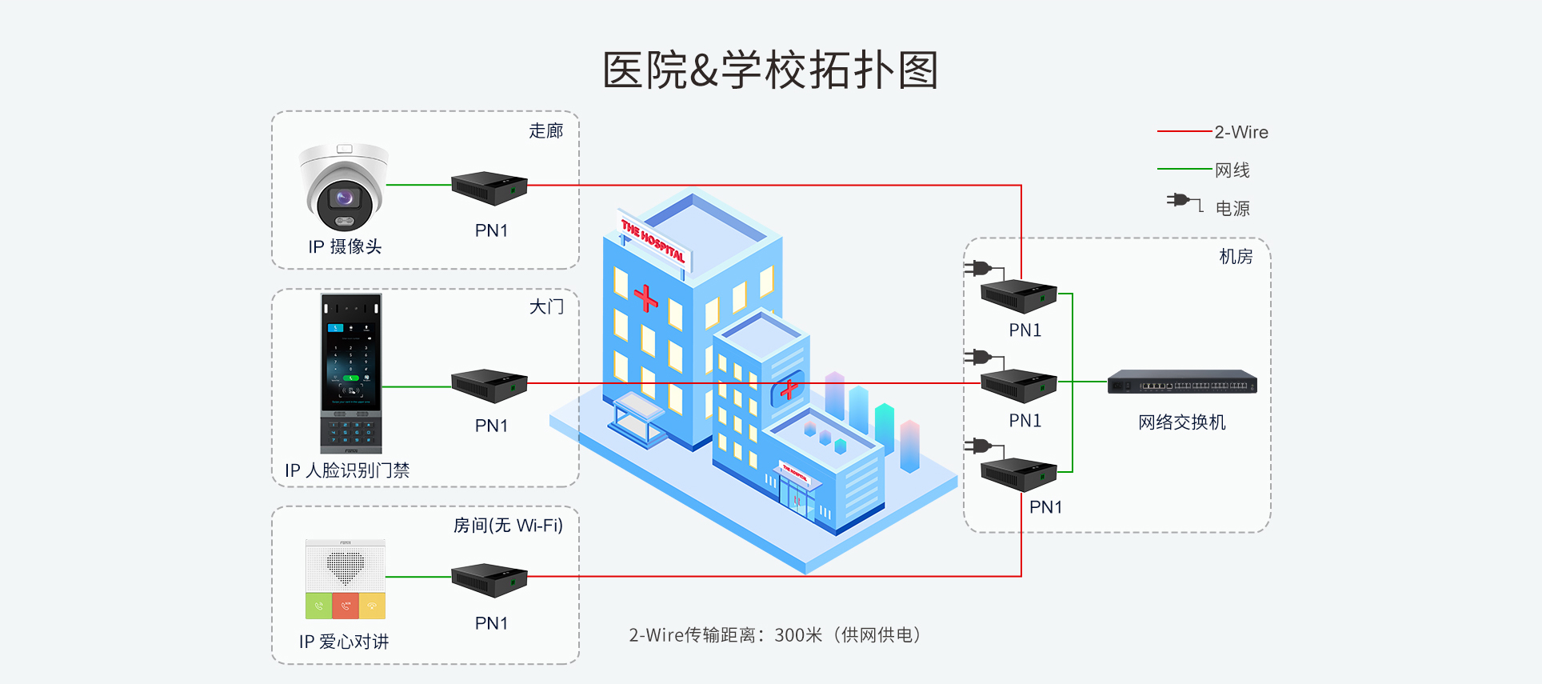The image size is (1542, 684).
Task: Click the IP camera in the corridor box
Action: pyautogui.click(x=344, y=188)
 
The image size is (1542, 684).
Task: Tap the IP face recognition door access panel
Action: pyautogui.click(x=351, y=373)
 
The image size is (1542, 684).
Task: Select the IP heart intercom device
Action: pyautogui.click(x=346, y=578)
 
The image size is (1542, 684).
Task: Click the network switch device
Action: pyautogui.click(x=1182, y=382)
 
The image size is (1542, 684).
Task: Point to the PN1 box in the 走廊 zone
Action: pyautogui.click(x=489, y=188)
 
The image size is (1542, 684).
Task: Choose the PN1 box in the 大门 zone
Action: pyautogui.click(x=489, y=385)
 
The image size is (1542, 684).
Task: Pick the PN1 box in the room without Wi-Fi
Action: pyautogui.click(x=489, y=580)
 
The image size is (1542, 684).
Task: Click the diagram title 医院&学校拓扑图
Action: pyautogui.click(x=769, y=70)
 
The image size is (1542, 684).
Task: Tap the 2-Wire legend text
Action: pyautogui.click(x=1241, y=132)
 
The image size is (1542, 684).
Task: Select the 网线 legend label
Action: pyautogui.click(x=1232, y=170)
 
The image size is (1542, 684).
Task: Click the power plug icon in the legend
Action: pyautogui.click(x=1182, y=201)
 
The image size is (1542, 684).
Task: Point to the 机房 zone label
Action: pyautogui.click(x=1236, y=257)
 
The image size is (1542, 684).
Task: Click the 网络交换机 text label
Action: pyautogui.click(x=1181, y=422)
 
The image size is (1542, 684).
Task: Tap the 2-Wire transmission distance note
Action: pyautogui.click(x=774, y=635)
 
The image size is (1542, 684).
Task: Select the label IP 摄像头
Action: pyautogui.click(x=345, y=246)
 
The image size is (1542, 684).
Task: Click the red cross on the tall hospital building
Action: pyautogui.click(x=645, y=298)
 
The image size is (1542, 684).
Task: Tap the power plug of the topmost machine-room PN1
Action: pyautogui.click(x=979, y=269)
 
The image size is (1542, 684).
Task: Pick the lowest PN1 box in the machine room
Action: pyautogui.click(x=1019, y=474)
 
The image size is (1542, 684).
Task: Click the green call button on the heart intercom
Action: pyautogui.click(x=318, y=606)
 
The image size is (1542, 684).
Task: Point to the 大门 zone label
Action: pyautogui.click(x=546, y=307)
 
